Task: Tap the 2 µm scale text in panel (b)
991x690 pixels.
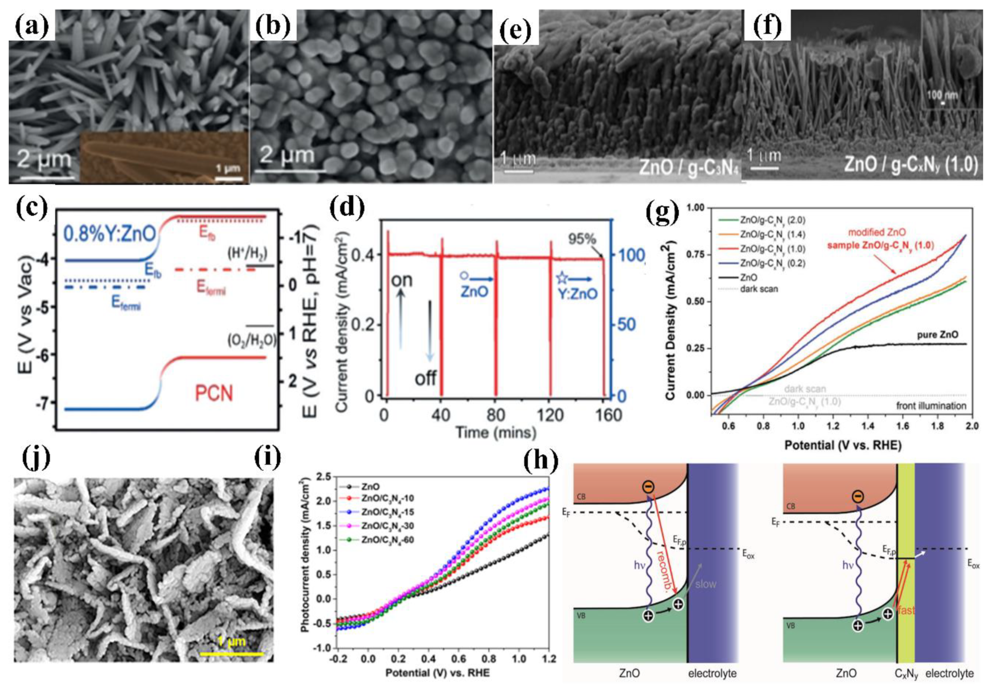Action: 287,154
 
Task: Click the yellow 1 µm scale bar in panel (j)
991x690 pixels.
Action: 231,654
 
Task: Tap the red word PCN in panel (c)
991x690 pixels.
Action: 214,393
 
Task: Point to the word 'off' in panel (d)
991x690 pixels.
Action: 425,379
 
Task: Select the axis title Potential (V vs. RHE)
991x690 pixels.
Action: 843,445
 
